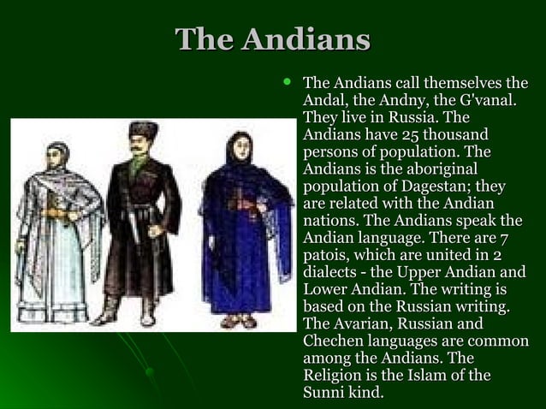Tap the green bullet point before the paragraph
pyautogui.click(x=288, y=84)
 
